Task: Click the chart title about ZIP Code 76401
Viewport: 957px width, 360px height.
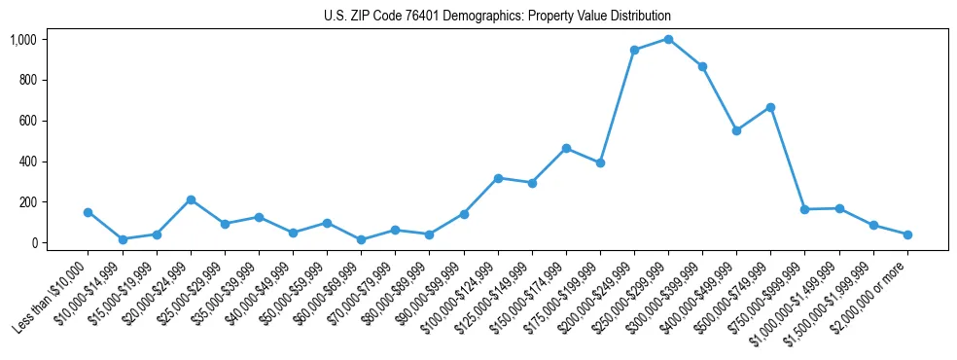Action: [497, 17]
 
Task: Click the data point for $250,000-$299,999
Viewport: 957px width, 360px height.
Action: [668, 39]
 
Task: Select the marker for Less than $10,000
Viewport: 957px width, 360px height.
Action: [89, 212]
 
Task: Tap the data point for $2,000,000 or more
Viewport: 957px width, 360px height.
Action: [907, 234]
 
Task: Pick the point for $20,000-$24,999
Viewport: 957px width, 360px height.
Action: [191, 199]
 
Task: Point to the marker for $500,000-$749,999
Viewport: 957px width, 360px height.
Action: [770, 107]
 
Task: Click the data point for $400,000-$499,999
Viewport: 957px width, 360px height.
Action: [736, 130]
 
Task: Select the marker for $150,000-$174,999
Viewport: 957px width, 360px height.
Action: [566, 148]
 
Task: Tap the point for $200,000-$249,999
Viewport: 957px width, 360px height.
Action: [634, 50]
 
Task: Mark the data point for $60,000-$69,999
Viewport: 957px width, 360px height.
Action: [361, 239]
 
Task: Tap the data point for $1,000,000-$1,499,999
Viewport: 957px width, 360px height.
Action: [839, 208]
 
